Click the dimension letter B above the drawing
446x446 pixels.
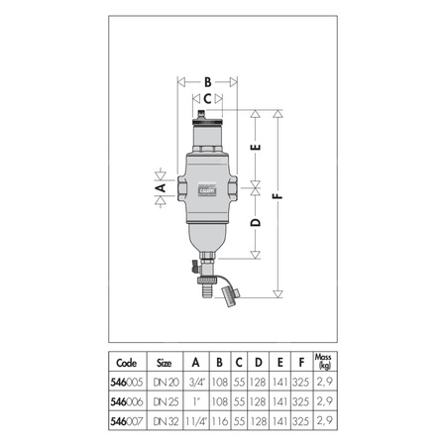point(207,81)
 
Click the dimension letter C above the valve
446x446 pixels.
point(207,99)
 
